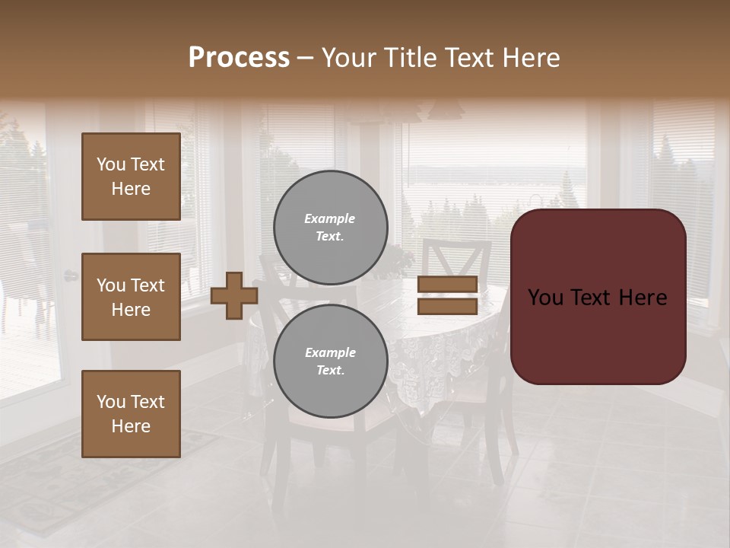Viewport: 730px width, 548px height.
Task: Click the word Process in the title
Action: point(239,58)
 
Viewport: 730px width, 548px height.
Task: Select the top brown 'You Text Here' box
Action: point(131,177)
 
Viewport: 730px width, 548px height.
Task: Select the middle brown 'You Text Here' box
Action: point(131,297)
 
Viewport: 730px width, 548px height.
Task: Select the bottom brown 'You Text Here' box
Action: point(131,414)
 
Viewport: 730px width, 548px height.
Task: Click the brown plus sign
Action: point(234,295)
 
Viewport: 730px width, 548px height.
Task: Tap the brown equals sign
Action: point(448,295)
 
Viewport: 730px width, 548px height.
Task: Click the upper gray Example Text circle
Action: point(330,227)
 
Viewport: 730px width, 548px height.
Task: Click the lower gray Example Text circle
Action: point(330,361)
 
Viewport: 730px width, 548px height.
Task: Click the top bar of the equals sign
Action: point(448,285)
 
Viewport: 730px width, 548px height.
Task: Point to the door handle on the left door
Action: point(70,276)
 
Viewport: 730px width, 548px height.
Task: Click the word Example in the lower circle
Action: point(330,352)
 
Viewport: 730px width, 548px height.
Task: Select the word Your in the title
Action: point(348,58)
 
